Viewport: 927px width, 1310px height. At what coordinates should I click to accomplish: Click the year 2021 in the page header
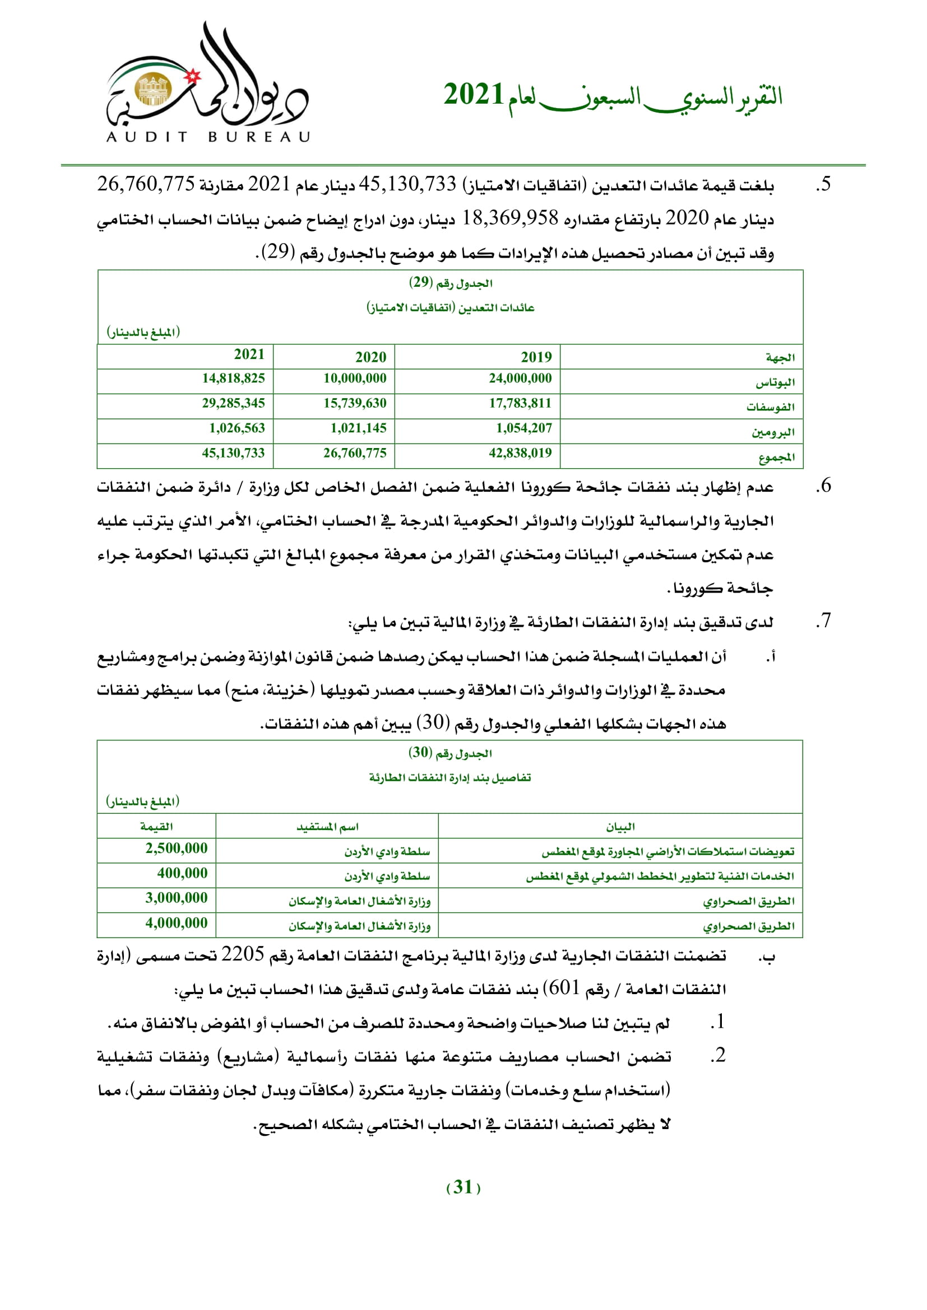tap(473, 95)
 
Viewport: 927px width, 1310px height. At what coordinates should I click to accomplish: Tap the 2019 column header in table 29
tap(535, 357)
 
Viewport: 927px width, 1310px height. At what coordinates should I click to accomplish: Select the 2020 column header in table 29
tap(370, 357)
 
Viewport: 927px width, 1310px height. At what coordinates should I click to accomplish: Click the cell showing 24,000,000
tap(520, 378)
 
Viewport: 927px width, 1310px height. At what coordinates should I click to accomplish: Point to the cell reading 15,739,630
tap(354, 403)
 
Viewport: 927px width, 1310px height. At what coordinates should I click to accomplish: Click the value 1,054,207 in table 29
tap(523, 428)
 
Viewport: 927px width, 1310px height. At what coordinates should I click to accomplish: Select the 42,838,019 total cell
tap(520, 453)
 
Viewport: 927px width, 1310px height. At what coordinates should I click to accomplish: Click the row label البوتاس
tap(775, 383)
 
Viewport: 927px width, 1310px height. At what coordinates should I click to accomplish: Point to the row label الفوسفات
tap(770, 407)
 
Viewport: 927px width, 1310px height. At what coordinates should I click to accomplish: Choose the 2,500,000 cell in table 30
tap(177, 849)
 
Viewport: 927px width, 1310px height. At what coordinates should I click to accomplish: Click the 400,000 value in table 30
tap(182, 873)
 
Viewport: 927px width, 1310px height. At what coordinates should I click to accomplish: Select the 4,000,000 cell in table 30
tap(177, 922)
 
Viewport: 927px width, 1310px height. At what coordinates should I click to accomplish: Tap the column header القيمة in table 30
tap(156, 826)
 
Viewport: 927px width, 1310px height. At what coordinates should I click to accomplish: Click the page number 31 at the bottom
tap(462, 1187)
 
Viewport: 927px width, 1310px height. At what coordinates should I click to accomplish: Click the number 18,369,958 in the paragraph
tap(509, 218)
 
